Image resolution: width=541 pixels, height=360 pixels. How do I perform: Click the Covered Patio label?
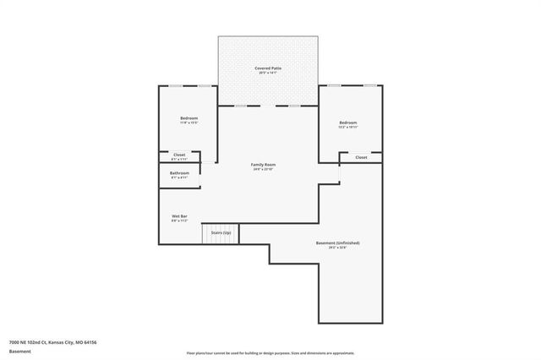(269, 68)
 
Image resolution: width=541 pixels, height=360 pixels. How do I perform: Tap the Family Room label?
(264, 164)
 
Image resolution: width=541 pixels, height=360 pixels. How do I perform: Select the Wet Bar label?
(179, 216)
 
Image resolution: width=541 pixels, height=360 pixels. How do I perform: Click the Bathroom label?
(179, 172)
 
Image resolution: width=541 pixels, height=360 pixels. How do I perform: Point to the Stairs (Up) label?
(221, 231)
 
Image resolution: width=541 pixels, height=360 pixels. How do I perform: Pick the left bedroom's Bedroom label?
(189, 117)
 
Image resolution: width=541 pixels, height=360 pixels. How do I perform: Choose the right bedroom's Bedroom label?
(348, 123)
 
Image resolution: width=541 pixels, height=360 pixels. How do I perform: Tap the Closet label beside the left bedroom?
(179, 155)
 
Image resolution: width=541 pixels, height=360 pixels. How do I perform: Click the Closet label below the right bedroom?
(361, 157)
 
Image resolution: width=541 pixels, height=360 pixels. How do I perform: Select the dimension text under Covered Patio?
(269, 73)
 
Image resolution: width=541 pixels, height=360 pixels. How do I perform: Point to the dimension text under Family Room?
(264, 169)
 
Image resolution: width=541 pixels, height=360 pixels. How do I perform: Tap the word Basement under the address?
(19, 352)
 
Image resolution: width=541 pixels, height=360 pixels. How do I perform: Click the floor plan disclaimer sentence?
(270, 352)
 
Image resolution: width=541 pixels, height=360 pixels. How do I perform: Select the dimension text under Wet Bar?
(179, 221)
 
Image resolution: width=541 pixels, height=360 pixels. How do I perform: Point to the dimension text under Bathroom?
(179, 177)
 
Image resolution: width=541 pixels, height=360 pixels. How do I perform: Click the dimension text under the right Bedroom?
(348, 128)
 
